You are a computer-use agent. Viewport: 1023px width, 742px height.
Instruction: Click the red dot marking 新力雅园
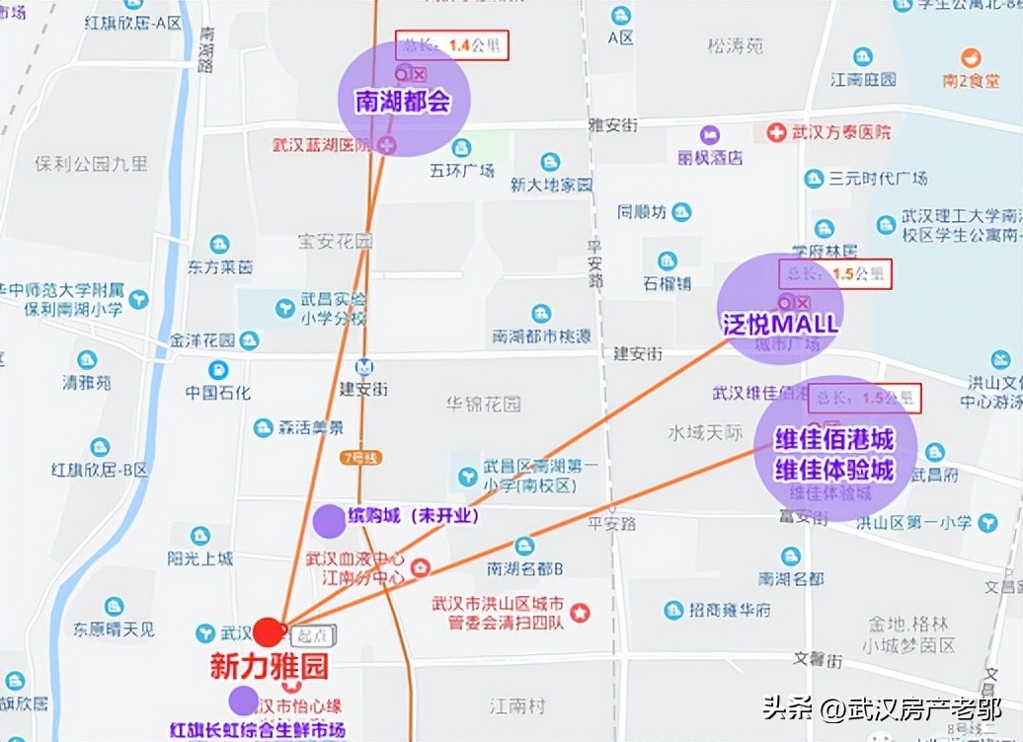pos(268,631)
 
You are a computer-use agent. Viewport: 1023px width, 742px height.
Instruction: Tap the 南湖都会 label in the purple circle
pos(402,101)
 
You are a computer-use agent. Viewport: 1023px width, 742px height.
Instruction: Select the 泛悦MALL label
pos(780,324)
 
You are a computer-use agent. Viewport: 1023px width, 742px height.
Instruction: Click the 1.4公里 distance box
pos(452,45)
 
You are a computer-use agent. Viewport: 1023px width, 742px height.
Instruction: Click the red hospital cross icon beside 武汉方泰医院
pos(777,131)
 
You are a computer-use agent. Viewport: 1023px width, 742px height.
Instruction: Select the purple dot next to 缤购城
pos(329,520)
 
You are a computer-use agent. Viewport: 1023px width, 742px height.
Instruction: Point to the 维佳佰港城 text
pos(834,439)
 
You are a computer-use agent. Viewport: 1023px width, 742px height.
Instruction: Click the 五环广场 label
pos(461,171)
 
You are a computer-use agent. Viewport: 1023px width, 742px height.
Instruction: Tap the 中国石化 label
pos(218,392)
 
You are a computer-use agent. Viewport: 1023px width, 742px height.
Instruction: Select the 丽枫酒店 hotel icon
pos(710,135)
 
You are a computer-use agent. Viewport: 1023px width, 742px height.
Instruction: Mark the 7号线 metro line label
pos(359,457)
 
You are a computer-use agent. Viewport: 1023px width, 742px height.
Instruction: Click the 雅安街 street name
pos(612,124)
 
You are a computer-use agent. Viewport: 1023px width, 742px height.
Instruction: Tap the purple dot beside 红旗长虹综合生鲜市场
pos(244,701)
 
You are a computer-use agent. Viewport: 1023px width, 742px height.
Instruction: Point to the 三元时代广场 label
pos(878,179)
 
